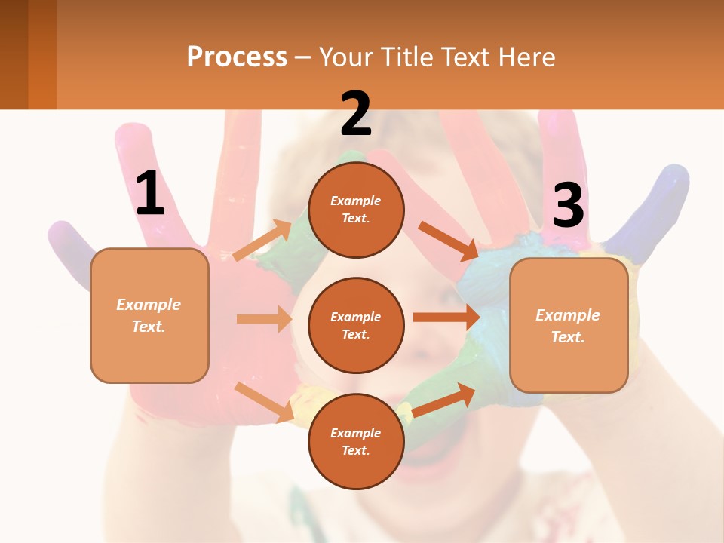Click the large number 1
(150, 193)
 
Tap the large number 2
(356, 114)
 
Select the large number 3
(568, 205)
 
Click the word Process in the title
(237, 57)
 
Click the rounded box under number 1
(149, 315)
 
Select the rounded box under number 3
(569, 326)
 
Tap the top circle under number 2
(356, 210)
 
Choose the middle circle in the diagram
(356, 326)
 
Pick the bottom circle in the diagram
(356, 442)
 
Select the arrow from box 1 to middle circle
(264, 319)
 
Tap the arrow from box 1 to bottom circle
(265, 402)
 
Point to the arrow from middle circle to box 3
(446, 317)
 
